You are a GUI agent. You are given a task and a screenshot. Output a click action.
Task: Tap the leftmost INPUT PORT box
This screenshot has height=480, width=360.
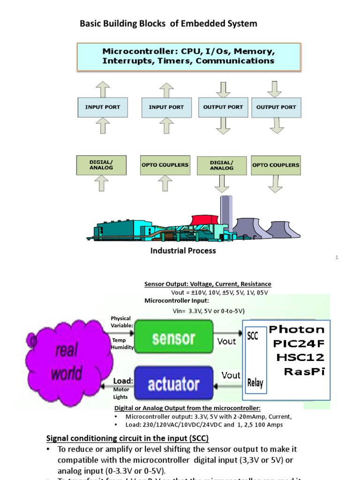coord(102,107)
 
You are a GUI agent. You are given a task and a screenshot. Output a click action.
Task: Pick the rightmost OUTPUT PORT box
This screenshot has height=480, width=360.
coord(276,107)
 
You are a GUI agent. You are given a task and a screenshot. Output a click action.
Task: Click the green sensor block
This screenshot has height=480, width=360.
coord(173,338)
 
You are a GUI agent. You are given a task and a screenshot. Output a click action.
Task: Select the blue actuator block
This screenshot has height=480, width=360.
coord(173,384)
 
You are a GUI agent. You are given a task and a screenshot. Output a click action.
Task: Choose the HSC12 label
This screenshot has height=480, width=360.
coord(300,358)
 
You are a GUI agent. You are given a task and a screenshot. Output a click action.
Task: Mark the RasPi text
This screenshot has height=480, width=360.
coord(304,372)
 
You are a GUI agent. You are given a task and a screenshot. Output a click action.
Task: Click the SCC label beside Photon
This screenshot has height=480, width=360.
coord(252,337)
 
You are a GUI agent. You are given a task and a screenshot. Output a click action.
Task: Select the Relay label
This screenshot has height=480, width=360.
coord(255,383)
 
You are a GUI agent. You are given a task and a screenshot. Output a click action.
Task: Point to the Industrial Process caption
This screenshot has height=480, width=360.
coord(183,251)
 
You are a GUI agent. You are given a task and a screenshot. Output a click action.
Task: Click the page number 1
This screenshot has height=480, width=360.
coord(337,257)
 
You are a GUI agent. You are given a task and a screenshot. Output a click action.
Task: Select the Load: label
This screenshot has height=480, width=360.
coord(123,381)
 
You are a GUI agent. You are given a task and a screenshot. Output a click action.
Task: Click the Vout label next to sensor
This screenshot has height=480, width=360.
coord(226,342)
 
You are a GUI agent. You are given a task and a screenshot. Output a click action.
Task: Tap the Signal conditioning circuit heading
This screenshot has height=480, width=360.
coord(127,438)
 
